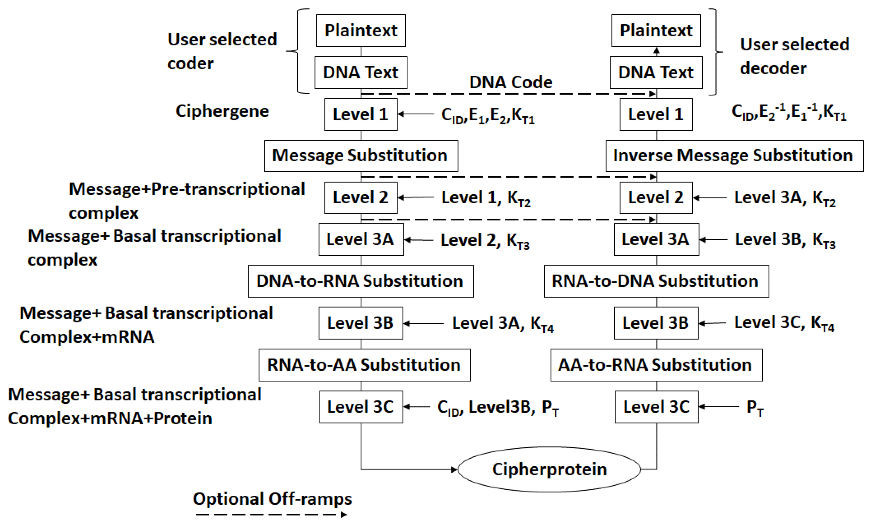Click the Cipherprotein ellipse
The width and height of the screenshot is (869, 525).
pyautogui.click(x=549, y=469)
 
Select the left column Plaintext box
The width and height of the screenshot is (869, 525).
pyautogui.click(x=361, y=31)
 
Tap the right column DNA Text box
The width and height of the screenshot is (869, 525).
pyautogui.click(x=656, y=73)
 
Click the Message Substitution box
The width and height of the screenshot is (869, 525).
pyautogui.click(x=361, y=156)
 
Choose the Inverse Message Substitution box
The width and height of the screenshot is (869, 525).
pyautogui.click(x=734, y=156)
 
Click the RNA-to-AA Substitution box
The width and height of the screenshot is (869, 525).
pyautogui.click(x=364, y=365)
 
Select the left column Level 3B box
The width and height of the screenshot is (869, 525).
pyautogui.click(x=361, y=323)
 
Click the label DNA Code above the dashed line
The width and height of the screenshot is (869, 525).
pyautogui.click(x=511, y=82)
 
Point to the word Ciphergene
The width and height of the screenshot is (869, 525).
pyautogui.click(x=222, y=111)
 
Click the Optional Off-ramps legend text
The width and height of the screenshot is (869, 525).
pyautogui.click(x=272, y=499)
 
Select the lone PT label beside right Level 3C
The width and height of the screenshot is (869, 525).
pyautogui.click(x=755, y=408)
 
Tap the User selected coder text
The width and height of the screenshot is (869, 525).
pyautogui.click(x=222, y=51)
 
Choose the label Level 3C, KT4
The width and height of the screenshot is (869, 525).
pyautogui.click(x=784, y=323)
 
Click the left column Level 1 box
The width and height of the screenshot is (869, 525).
pyautogui.click(x=361, y=114)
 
